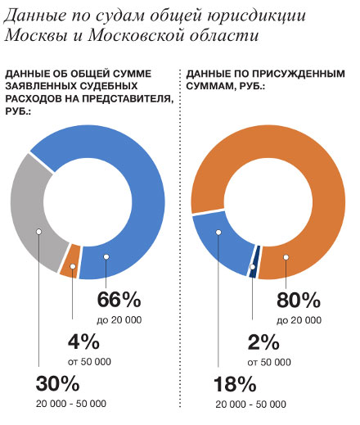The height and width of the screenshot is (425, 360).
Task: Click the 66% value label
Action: [119, 300]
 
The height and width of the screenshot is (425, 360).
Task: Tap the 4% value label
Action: [83, 341]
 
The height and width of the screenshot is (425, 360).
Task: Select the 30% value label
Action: [57, 383]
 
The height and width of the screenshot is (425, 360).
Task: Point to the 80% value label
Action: [299, 300]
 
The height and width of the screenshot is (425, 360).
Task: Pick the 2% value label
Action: [263, 342]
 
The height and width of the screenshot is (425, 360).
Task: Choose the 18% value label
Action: [235, 384]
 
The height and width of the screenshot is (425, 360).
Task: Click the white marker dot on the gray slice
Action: [39, 232]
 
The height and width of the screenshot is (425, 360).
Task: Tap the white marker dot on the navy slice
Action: [253, 267]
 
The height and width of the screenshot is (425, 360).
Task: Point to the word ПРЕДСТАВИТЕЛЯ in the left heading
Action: [128, 98]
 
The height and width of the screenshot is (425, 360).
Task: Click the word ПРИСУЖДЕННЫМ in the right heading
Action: [299, 74]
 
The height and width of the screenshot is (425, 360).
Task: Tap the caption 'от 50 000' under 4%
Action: [89, 362]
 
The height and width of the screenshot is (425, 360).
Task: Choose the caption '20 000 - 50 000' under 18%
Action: [251, 404]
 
